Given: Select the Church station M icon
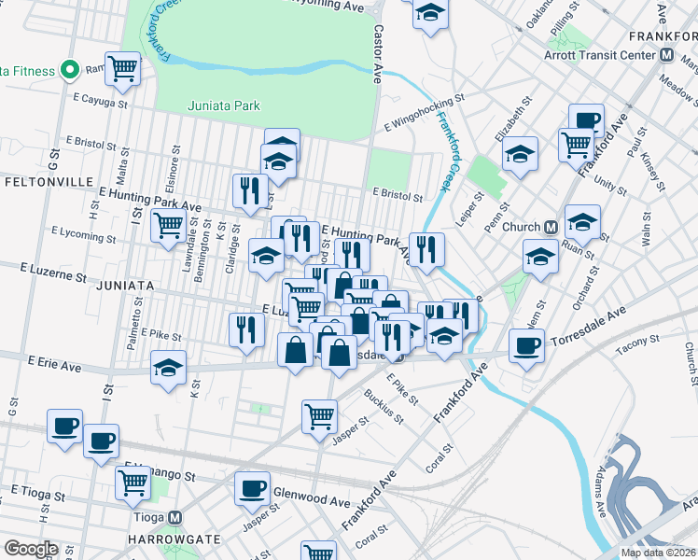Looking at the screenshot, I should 551,227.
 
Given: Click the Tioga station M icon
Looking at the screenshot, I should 174,518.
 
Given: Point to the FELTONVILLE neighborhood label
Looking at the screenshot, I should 38,178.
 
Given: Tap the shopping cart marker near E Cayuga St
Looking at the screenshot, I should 122,67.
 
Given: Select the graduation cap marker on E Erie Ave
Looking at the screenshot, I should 168,369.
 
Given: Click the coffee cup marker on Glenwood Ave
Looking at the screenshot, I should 251,488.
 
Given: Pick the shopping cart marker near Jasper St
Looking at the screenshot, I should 319,414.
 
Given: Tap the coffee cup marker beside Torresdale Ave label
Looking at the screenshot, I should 526,345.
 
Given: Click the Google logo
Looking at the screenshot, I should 30,549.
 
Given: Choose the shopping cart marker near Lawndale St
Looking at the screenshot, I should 168,224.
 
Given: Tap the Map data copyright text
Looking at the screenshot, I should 657,553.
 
